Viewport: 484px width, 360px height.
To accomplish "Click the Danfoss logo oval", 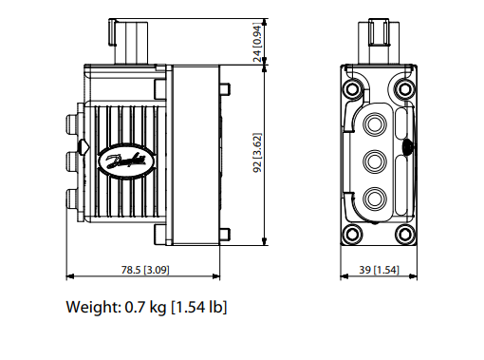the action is click(x=127, y=161).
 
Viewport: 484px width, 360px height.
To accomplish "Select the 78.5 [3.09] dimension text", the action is click(x=145, y=270).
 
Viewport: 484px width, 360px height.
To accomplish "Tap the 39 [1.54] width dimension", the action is click(x=379, y=270).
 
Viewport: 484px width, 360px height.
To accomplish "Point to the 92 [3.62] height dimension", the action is click(x=258, y=153).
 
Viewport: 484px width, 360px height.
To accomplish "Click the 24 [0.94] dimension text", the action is click(x=258, y=43).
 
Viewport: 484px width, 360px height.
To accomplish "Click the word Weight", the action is click(x=93, y=307).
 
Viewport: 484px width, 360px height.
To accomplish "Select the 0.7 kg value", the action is click(x=145, y=307).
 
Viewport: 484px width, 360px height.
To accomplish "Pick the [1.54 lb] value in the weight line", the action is click(x=199, y=307).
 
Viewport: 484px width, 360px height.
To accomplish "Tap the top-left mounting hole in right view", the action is click(x=352, y=89).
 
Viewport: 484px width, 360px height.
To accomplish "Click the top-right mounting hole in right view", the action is click(x=405, y=89).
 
